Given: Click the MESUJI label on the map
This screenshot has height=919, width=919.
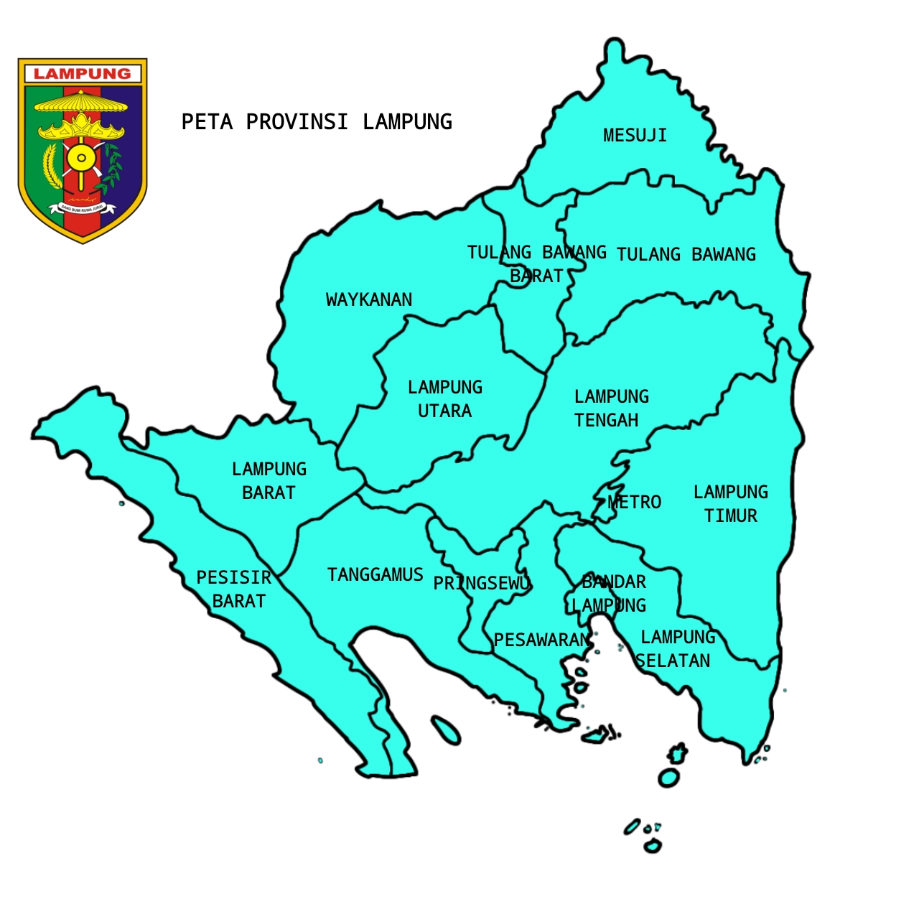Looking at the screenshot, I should pyautogui.click(x=635, y=135).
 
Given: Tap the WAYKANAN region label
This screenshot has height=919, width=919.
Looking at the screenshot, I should pyautogui.click(x=369, y=299).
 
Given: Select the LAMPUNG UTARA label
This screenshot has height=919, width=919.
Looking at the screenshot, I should pyautogui.click(x=445, y=399).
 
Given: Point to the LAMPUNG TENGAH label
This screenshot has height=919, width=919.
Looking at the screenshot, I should pyautogui.click(x=610, y=408).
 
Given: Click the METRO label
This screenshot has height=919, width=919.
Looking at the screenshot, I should pyautogui.click(x=635, y=502).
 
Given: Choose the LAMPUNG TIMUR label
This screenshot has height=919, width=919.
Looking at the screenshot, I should pyautogui.click(x=731, y=503).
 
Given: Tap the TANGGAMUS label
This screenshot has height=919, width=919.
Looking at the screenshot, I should pyautogui.click(x=375, y=574).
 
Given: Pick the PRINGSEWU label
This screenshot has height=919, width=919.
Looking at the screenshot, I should pyautogui.click(x=481, y=583).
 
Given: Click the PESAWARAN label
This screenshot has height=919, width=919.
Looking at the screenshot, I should pyautogui.click(x=542, y=640).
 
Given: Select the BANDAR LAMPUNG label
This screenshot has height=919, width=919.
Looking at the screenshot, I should pyautogui.click(x=612, y=593).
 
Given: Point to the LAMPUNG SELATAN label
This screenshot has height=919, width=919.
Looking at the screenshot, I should pyautogui.click(x=675, y=648).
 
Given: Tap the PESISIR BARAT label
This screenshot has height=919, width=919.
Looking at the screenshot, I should pyautogui.click(x=235, y=589).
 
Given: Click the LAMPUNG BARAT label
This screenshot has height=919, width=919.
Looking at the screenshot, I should pyautogui.click(x=269, y=480).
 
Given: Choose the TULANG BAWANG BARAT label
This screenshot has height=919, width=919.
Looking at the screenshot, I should pyautogui.click(x=537, y=263).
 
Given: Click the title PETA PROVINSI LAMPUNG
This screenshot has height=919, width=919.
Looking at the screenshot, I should pyautogui.click(x=317, y=122).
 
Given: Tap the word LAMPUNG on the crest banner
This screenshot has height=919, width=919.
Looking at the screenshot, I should pyautogui.click(x=83, y=74).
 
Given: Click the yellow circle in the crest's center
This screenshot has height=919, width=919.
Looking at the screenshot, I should pyautogui.click(x=81, y=158).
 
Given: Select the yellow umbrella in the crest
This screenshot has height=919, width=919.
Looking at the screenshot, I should pyautogui.click(x=81, y=103).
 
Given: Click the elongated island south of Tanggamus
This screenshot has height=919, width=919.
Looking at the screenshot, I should pyautogui.click(x=446, y=730).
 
